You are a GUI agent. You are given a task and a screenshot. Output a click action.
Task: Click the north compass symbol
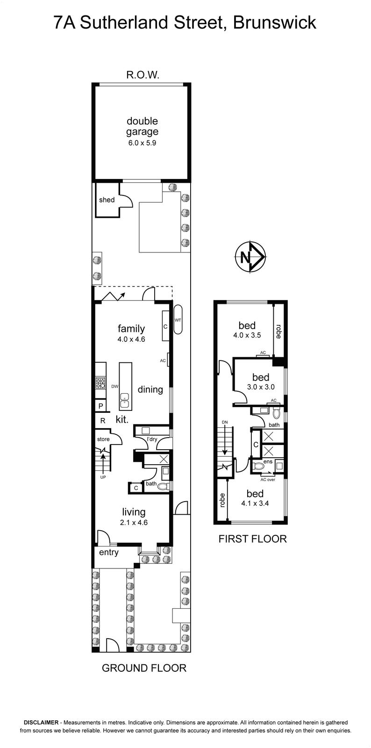point(250,257)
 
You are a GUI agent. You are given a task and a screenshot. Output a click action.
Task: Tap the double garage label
point(142,126)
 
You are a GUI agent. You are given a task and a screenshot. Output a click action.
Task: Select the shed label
point(107,200)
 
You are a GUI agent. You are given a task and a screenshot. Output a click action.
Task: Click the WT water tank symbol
point(178,319)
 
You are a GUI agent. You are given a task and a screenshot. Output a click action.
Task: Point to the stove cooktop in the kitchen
point(101,383)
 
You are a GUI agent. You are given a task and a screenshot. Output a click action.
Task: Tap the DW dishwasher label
point(115,386)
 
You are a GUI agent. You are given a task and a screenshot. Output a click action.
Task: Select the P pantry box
point(100,406)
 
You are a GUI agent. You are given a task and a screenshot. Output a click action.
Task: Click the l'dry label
point(152,439)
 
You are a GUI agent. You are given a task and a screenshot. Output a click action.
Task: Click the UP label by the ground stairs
point(103,477)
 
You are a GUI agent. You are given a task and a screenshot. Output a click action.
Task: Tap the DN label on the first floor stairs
point(225,422)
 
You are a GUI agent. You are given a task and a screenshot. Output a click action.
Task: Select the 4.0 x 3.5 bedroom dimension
point(247,335)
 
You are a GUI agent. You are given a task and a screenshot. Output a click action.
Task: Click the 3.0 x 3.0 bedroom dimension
point(261,387)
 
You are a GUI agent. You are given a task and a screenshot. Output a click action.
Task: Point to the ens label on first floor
point(268,462)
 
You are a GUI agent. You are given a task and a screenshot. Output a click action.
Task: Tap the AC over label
point(268,480)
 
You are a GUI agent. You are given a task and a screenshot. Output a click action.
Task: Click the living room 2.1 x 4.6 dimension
point(134,522)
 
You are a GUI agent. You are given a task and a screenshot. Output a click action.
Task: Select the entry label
point(109,552)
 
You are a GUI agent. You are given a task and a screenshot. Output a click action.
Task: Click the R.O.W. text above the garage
point(143,75)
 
